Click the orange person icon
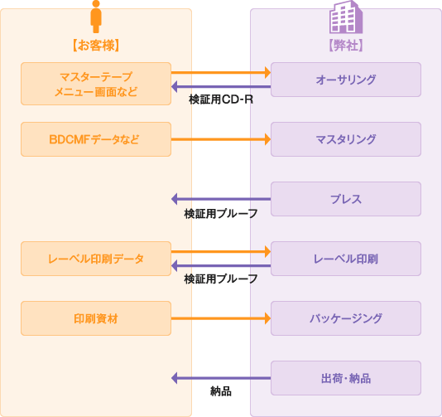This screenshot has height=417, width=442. point(96,17)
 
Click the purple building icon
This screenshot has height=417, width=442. point(346,17)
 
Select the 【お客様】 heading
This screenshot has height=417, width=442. point(96,46)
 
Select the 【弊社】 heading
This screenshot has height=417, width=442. point(346,46)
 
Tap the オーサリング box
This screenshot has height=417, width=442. point(346,80)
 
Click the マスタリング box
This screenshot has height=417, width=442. point(346,139)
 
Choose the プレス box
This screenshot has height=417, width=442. point(346,199)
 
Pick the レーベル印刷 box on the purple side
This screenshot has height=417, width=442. point(346,259)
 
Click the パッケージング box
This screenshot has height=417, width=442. point(346,318)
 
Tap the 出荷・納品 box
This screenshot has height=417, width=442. point(346,378)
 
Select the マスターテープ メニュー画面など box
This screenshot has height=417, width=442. point(96,84)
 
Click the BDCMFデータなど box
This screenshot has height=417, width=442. point(96,139)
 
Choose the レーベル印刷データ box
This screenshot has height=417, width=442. point(96,259)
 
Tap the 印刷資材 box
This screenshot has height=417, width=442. point(96,318)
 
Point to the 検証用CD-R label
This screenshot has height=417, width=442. point(221,99)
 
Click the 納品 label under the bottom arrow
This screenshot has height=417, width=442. point(221,391)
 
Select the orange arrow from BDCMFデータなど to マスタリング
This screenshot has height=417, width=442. point(221,139)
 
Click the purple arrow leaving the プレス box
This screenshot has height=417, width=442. point(221,199)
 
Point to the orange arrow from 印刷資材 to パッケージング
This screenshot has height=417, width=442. point(221,318)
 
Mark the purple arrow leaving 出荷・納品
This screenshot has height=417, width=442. point(221,378)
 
